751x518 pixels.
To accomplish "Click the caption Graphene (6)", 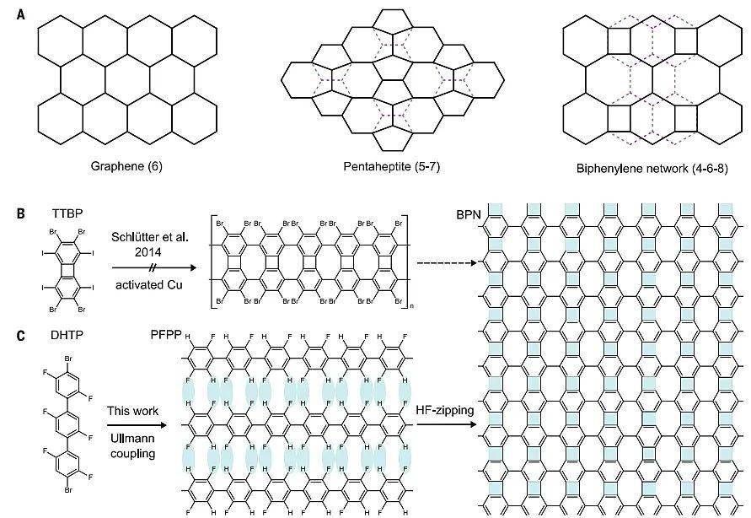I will (x=126, y=166).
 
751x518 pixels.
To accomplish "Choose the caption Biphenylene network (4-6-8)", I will (x=647, y=166).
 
